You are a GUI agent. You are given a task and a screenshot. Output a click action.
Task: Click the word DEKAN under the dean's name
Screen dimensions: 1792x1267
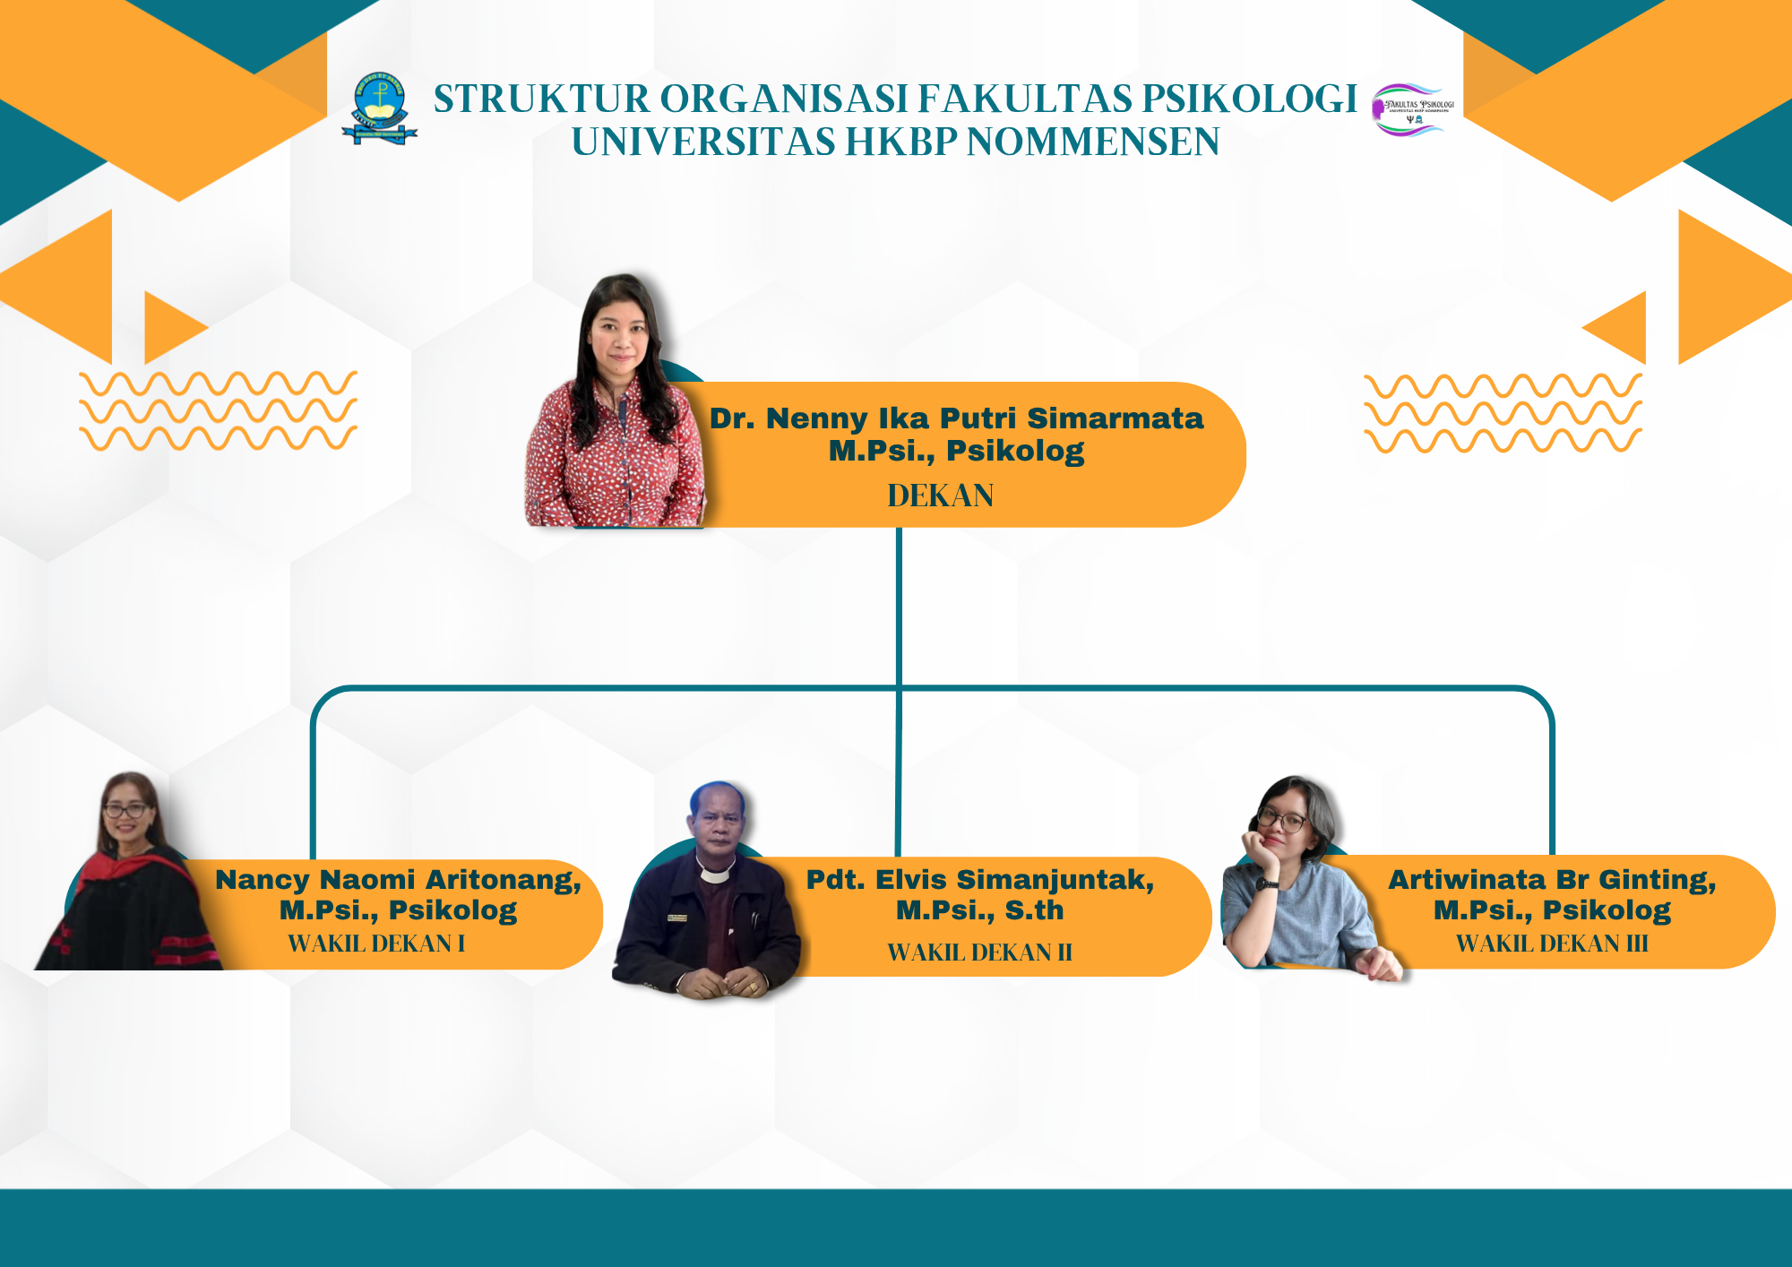click(x=940, y=496)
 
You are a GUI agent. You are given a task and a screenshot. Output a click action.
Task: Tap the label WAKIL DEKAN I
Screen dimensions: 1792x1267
click(x=376, y=944)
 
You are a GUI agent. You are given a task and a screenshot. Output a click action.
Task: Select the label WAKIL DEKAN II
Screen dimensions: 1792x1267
click(x=979, y=952)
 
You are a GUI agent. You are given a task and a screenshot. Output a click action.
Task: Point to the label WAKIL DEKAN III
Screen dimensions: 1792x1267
click(x=1552, y=944)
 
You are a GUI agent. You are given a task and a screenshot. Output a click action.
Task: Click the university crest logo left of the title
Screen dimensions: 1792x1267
click(x=380, y=108)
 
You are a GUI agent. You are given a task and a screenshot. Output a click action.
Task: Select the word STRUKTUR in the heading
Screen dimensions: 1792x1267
click(x=541, y=99)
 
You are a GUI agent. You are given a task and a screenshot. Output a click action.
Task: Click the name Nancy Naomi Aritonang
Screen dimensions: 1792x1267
click(x=398, y=880)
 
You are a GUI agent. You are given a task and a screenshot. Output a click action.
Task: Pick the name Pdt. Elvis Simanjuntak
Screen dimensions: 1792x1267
click(x=980, y=880)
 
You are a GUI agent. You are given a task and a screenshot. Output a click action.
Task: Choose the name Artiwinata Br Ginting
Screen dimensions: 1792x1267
click(x=1552, y=881)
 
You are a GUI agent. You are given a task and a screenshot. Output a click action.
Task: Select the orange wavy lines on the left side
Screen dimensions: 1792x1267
click(x=219, y=410)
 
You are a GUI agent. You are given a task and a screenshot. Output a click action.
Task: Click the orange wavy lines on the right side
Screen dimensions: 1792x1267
click(x=1503, y=413)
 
